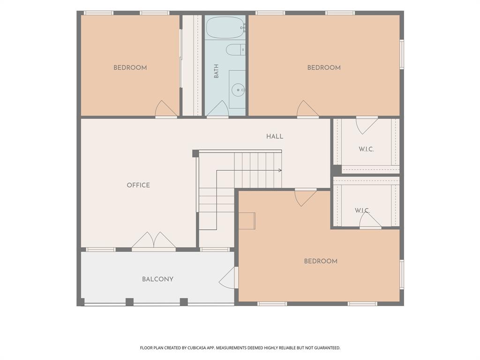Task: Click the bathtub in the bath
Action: click(225, 27)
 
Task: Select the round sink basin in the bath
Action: click(238, 90)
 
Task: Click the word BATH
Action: click(217, 71)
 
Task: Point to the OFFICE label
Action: click(138, 185)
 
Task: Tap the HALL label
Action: click(275, 136)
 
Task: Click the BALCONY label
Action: click(157, 279)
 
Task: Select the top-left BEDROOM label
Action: click(130, 67)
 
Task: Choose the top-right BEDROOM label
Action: click(324, 67)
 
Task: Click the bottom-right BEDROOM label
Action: click(321, 261)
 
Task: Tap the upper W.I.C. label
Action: click(367, 150)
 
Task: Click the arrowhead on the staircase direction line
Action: click(280, 171)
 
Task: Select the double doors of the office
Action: click(154, 241)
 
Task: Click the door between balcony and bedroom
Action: click(228, 277)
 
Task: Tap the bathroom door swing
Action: click(217, 109)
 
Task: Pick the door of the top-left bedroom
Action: click(166, 109)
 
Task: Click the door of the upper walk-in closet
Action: click(367, 125)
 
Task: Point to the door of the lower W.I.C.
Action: click(370, 220)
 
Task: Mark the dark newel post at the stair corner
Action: click(195, 153)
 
